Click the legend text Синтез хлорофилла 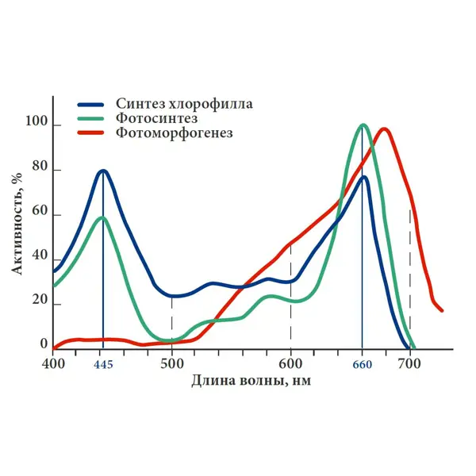pyautogui.click(x=184, y=104)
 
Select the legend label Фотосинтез pyautogui.click(x=156, y=118)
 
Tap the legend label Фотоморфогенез pyautogui.click(x=175, y=132)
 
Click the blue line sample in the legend pyautogui.click(x=90, y=105)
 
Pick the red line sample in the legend pyautogui.click(x=90, y=132)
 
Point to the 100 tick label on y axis pyautogui.click(x=36, y=121)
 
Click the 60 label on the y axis pyautogui.click(x=40, y=211)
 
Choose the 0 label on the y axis pyautogui.click(x=44, y=344)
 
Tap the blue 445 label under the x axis pyautogui.click(x=103, y=365)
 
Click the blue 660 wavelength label pyautogui.click(x=363, y=365)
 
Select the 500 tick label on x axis pyautogui.click(x=172, y=363)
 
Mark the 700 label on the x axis pyautogui.click(x=409, y=363)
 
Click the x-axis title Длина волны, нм pyautogui.click(x=251, y=381)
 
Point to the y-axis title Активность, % pyautogui.click(x=17, y=224)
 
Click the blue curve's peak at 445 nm pyautogui.click(x=103, y=171)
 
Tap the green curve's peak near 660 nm pyautogui.click(x=363, y=125)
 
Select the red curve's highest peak pyautogui.click(x=384, y=129)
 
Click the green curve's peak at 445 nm pyautogui.click(x=103, y=217)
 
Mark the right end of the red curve pyautogui.click(x=442, y=310)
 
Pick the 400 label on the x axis pyautogui.click(x=53, y=363)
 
